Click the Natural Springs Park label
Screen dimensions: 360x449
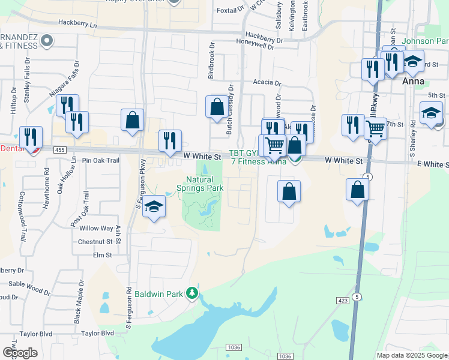[204, 184]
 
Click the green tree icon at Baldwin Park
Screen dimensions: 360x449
[192, 293]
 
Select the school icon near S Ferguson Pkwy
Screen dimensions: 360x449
[154, 208]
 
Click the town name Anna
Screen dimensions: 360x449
[414, 81]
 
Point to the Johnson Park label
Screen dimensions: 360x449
[426, 41]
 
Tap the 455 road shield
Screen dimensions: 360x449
[58, 149]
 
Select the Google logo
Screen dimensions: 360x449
[20, 352]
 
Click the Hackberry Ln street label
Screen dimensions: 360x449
[77, 23]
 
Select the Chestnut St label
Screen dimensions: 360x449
[95, 242]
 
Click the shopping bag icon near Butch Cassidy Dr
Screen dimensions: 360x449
[216, 107]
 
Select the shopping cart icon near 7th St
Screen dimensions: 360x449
[375, 128]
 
